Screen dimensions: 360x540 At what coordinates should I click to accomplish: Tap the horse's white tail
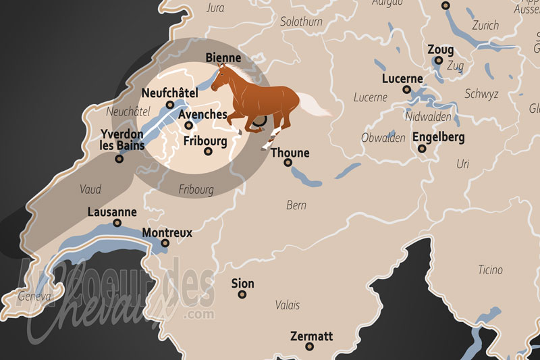(313, 105)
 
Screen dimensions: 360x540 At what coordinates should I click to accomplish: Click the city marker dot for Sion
(242, 294)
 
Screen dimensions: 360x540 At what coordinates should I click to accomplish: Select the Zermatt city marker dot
(310, 346)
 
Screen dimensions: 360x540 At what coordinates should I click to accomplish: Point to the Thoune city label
(290, 153)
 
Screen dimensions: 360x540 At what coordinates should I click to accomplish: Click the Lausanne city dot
(117, 223)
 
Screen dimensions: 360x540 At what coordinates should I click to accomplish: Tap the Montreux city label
(167, 233)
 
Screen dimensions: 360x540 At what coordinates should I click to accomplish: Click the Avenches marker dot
(189, 125)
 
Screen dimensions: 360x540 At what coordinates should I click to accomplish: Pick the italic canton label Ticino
(490, 270)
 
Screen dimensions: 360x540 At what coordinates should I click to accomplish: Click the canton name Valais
(288, 305)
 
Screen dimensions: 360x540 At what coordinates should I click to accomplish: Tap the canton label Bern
(296, 205)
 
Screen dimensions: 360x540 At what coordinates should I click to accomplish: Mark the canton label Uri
(462, 164)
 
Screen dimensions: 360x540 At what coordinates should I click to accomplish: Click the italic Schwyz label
(481, 94)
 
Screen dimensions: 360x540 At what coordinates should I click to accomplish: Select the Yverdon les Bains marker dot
(119, 159)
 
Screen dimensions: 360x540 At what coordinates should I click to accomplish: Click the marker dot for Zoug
(439, 61)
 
